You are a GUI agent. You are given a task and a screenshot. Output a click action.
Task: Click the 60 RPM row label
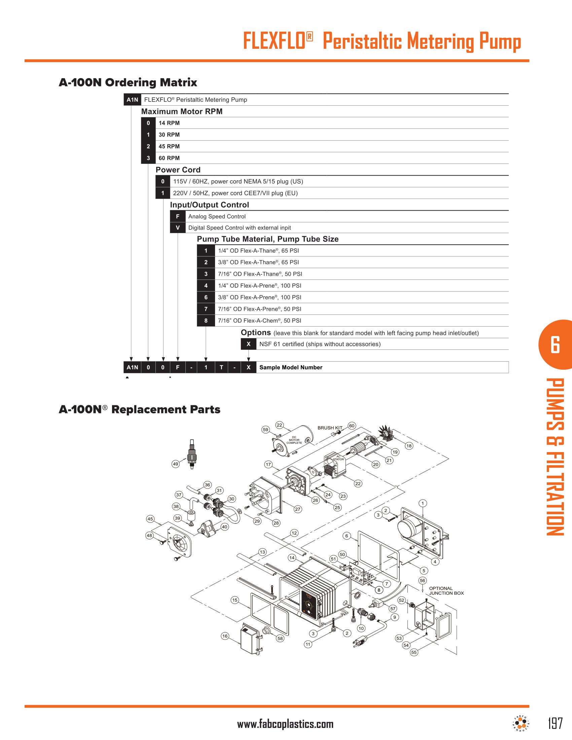pyautogui.click(x=169, y=158)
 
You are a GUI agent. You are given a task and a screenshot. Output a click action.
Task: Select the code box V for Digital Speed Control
pyautogui.click(x=178, y=228)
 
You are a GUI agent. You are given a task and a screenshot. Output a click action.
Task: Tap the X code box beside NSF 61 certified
pyautogui.click(x=248, y=344)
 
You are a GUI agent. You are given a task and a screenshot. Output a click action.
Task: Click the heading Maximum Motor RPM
pyautogui.click(x=182, y=111)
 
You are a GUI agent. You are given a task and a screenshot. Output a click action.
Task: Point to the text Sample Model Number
pyautogui.click(x=290, y=367)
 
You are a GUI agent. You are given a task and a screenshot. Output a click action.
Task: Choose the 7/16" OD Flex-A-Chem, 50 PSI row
pyautogui.click(x=259, y=321)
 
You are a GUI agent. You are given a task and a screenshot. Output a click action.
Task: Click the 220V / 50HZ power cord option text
pyautogui.click(x=235, y=193)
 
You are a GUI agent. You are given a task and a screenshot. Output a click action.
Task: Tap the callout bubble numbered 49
pyautogui.click(x=175, y=464)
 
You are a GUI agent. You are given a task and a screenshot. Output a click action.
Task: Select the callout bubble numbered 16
pyautogui.click(x=225, y=636)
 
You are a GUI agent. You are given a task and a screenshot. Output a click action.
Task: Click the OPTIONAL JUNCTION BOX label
pyautogui.click(x=446, y=591)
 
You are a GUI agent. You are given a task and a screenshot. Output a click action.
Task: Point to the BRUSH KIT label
pyautogui.click(x=330, y=428)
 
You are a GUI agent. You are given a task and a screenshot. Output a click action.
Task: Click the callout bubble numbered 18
pyautogui.click(x=409, y=446)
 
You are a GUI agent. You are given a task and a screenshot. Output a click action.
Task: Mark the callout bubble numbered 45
pyautogui.click(x=150, y=519)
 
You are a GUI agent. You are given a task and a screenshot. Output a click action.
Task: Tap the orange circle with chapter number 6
pyautogui.click(x=555, y=344)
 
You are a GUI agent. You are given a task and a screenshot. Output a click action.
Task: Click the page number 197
pyautogui.click(x=556, y=723)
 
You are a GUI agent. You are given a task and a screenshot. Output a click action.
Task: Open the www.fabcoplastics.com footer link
pyautogui.click(x=285, y=724)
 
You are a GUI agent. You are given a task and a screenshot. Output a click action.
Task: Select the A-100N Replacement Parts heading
pyautogui.click(x=139, y=409)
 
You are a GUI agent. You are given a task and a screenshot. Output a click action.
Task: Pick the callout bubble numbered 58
pyautogui.click(x=280, y=638)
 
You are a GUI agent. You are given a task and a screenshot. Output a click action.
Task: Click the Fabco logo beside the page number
pyautogui.click(x=521, y=724)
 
